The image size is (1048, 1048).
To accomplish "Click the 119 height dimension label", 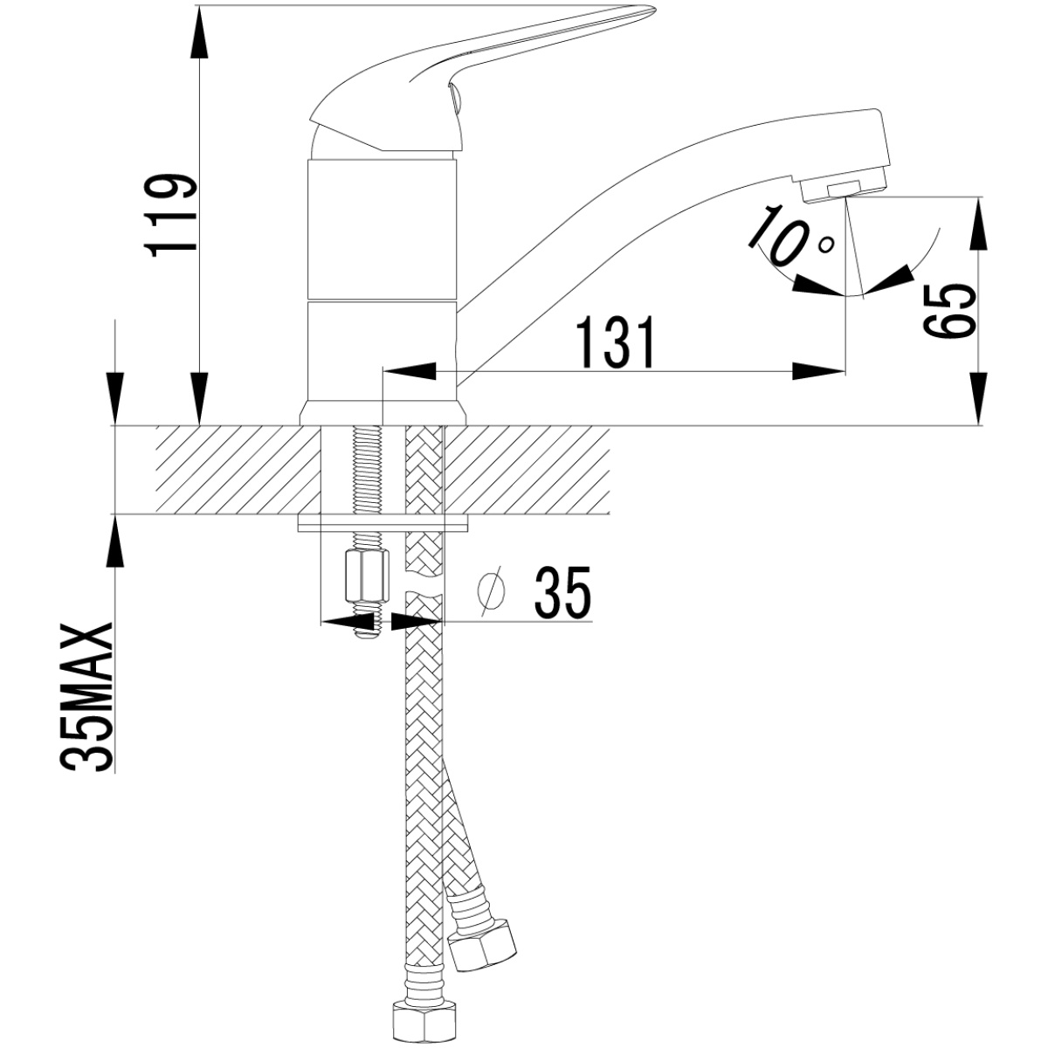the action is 169,216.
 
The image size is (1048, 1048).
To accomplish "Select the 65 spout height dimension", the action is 950,312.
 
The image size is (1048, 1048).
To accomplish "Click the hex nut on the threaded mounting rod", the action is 369,576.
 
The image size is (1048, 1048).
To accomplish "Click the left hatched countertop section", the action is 238,469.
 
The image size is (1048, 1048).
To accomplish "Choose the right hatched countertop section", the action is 527,469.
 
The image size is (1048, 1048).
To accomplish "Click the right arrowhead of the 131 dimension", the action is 819,371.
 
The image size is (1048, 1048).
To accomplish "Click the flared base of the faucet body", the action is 383,413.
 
